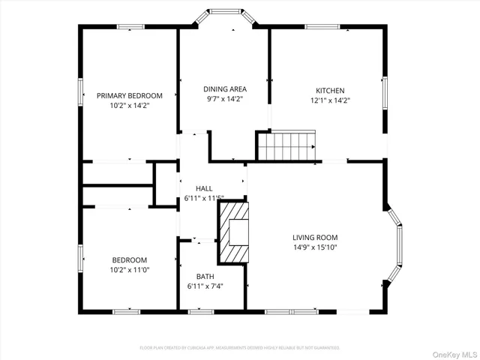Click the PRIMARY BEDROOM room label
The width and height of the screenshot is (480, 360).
(130, 96)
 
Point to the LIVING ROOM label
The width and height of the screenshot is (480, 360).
(314, 238)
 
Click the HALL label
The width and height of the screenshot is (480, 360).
(204, 188)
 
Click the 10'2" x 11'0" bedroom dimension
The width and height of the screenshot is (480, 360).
(130, 270)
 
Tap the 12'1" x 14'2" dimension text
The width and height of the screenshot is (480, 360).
(331, 100)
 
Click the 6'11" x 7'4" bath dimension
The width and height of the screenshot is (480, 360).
(205, 286)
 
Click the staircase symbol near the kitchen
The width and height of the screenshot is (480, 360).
(287, 145)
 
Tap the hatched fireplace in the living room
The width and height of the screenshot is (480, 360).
(232, 232)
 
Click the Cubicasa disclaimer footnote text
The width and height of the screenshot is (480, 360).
(240, 348)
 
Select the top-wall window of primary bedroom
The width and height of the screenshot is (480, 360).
(130, 27)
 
